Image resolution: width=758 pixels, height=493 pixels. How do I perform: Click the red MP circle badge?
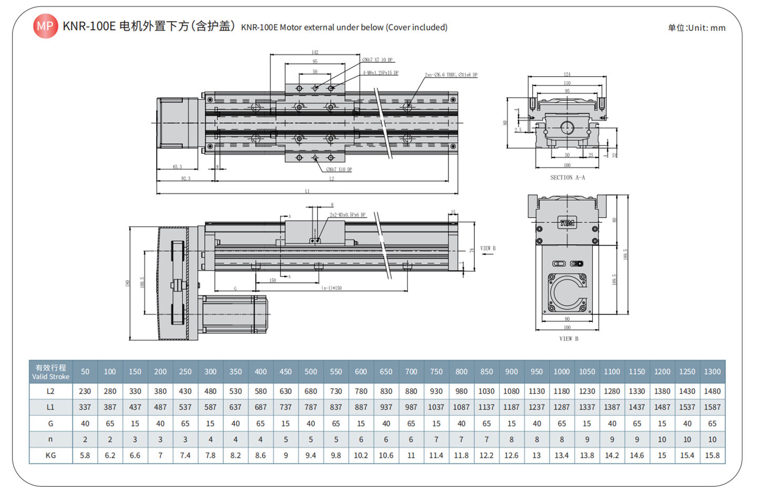tap(45, 26)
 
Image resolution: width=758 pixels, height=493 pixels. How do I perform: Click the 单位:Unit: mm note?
tap(696, 28)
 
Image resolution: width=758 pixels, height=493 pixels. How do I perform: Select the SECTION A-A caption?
tap(567, 178)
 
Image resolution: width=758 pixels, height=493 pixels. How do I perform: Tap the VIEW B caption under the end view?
tap(568, 339)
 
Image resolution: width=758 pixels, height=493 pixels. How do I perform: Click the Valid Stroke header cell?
tap(51, 372)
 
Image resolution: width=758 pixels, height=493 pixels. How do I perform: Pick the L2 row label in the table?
tap(51, 391)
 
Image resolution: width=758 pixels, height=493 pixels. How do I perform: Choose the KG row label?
tap(51, 455)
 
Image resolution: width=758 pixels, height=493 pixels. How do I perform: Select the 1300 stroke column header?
tap(712, 372)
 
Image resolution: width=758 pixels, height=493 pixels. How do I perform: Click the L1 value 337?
tap(85, 407)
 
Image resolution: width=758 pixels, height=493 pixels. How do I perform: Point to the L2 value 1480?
tap(712, 391)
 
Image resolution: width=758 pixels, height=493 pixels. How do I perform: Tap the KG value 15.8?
tap(712, 455)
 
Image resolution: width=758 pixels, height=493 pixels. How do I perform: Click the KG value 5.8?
tap(85, 455)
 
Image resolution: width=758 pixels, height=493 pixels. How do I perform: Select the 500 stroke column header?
tap(311, 372)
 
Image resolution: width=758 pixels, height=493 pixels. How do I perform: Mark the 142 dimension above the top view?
tap(315, 52)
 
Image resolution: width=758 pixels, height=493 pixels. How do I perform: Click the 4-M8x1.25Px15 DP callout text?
tap(380, 73)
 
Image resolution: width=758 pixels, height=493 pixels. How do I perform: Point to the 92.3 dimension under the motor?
tap(185, 179)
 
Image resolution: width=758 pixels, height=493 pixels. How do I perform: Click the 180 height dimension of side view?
tap(127, 283)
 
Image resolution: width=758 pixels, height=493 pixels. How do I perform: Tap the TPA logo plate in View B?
tap(567, 223)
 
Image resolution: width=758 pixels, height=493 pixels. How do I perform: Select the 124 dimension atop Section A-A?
tap(567, 74)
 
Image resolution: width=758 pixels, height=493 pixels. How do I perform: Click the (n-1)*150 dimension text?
tap(332, 288)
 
